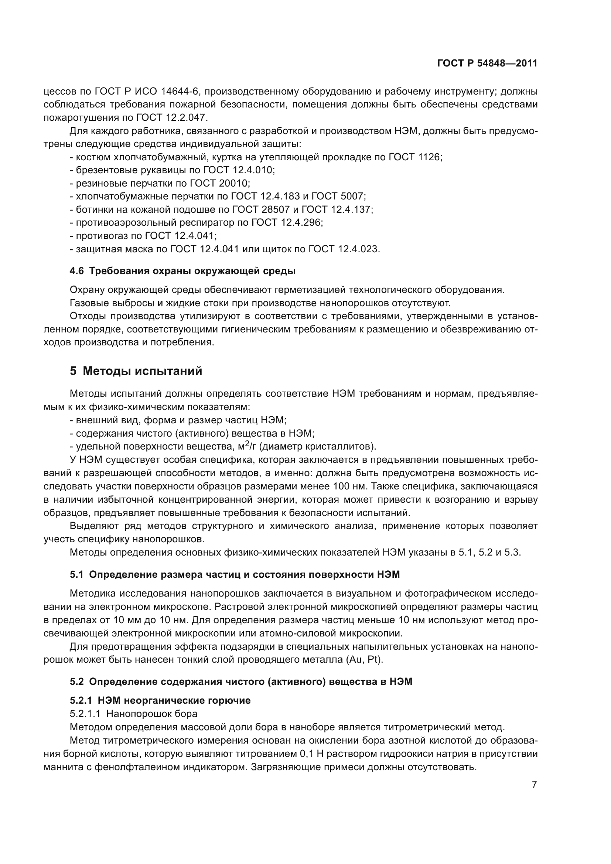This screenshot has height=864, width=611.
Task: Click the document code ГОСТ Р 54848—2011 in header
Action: pos(487,64)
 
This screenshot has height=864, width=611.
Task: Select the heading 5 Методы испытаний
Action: pos(136,371)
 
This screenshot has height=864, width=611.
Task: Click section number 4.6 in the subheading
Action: pos(77,271)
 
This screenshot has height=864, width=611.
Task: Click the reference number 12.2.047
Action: pos(186,118)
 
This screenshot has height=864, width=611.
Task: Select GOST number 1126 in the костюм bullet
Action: pos(429,157)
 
